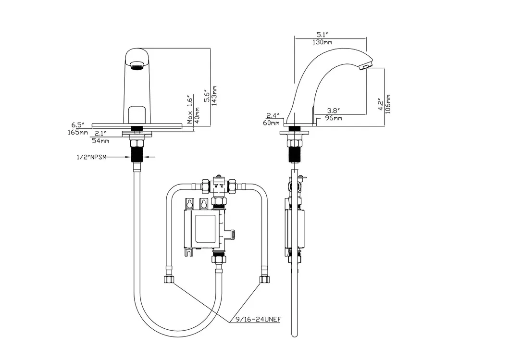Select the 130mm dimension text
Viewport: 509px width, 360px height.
click(x=322, y=42)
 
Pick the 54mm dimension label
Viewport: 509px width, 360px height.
click(x=100, y=141)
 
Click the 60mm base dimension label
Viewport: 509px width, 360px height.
click(x=272, y=123)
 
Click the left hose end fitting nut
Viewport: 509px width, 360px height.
click(x=170, y=280)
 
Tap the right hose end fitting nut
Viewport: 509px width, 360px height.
click(x=263, y=279)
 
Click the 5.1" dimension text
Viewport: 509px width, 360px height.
click(x=322, y=35)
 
